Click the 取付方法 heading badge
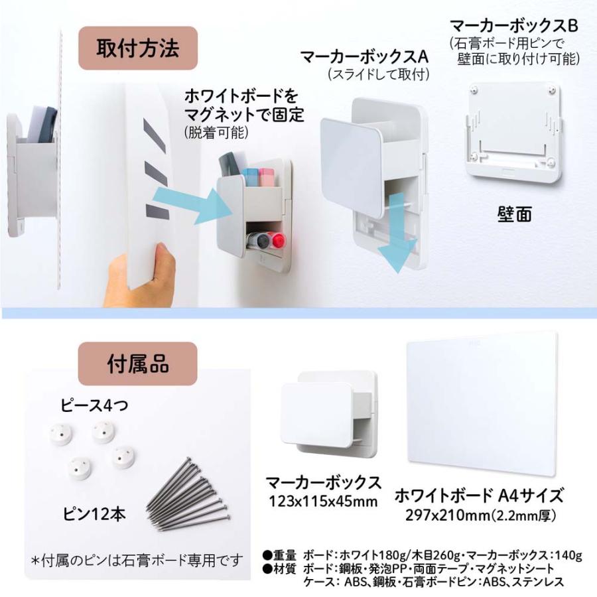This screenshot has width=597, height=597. (137, 49)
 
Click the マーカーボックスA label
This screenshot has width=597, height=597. (364, 57)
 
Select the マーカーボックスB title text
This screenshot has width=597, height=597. (514, 26)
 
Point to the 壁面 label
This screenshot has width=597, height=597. (514, 215)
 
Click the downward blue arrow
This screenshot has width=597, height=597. (396, 230)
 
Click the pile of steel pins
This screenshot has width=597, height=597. (189, 494)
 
